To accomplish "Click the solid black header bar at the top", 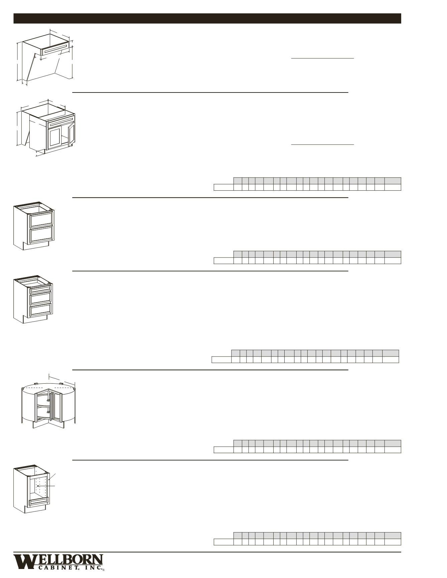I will coord(207,18).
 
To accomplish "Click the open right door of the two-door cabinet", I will coord(71,135).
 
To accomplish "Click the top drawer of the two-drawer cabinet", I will coord(41,219).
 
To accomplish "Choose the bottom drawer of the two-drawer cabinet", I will coord(41,234).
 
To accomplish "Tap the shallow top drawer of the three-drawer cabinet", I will coord(40,289).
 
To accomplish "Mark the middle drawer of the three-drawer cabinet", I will coord(40,298).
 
